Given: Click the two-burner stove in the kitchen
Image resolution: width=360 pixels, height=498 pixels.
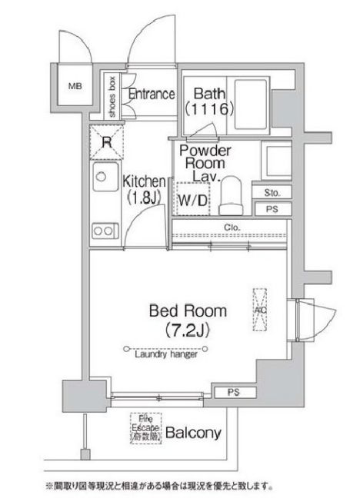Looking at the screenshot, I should coord(101,230).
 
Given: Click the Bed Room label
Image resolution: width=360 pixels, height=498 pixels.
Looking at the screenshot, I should coord(188,311).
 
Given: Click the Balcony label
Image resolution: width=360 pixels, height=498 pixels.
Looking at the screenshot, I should coord(195,433).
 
